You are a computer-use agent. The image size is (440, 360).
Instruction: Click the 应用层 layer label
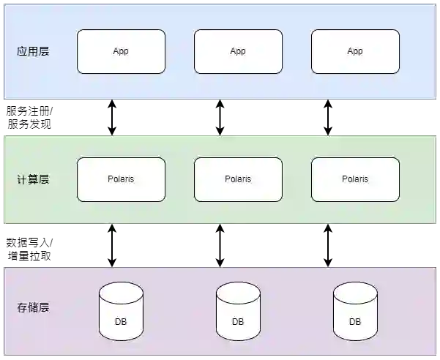33,52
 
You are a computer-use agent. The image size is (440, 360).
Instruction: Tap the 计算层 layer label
33,179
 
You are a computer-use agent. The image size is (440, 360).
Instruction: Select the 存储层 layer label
33,307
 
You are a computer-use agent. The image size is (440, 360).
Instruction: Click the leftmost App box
121,52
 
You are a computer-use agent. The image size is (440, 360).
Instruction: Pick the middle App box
238,52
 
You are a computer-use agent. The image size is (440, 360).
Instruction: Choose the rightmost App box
355,52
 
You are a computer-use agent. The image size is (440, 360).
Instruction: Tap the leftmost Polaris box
121,179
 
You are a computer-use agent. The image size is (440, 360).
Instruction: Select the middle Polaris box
238,179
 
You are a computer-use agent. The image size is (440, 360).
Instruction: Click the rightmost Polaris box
355,179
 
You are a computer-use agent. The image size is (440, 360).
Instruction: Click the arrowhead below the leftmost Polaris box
112,227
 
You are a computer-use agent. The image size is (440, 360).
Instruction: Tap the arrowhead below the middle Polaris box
220,227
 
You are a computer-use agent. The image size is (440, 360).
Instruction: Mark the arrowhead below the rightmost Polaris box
328,227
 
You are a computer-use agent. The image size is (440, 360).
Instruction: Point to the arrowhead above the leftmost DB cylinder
112,264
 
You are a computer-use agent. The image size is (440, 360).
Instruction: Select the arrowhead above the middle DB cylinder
220,264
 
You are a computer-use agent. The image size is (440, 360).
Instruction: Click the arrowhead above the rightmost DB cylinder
328,264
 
